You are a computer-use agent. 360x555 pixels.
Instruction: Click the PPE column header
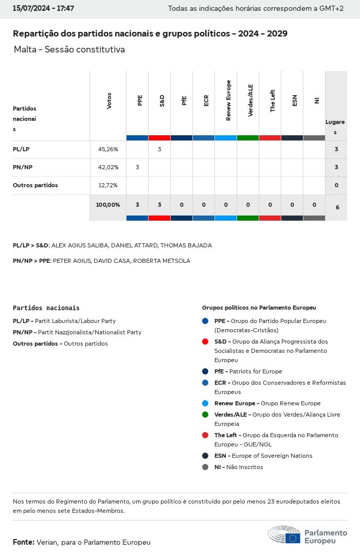coord(140,100)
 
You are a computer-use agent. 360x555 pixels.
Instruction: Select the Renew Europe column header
coord(228,100)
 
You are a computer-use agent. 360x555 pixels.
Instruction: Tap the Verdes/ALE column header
coord(250,100)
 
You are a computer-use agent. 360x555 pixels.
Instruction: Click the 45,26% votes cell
coord(108,149)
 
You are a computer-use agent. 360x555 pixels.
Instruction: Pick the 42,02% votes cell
coord(108,167)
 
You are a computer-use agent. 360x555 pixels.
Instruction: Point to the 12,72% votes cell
coord(108,185)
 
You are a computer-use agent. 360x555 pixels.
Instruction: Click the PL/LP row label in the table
coord(22,149)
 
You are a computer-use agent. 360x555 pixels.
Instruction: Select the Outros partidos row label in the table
coord(35,185)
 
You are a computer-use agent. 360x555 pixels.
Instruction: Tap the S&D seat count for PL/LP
coord(159,149)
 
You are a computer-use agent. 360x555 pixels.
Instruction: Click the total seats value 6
coord(337,207)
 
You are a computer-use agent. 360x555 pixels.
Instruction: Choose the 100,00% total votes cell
coord(108,205)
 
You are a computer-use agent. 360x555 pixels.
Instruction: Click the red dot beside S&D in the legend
coord(205,342)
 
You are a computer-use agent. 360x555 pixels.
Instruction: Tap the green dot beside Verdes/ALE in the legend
coord(205,415)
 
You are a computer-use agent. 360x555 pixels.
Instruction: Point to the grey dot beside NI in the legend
coord(205,467)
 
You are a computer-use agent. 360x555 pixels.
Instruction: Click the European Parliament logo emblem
coord(284,535)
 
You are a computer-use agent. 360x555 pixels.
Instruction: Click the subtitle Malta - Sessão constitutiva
coord(69,50)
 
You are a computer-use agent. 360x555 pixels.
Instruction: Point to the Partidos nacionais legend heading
coord(46,308)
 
